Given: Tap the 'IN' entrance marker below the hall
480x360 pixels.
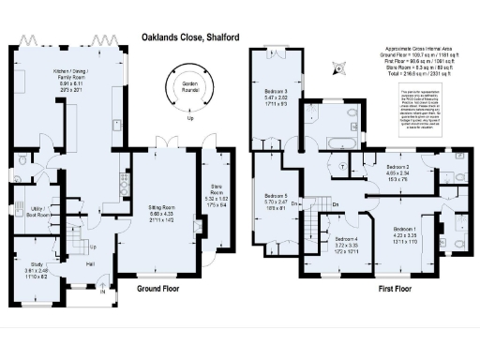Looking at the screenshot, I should click(102, 292).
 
